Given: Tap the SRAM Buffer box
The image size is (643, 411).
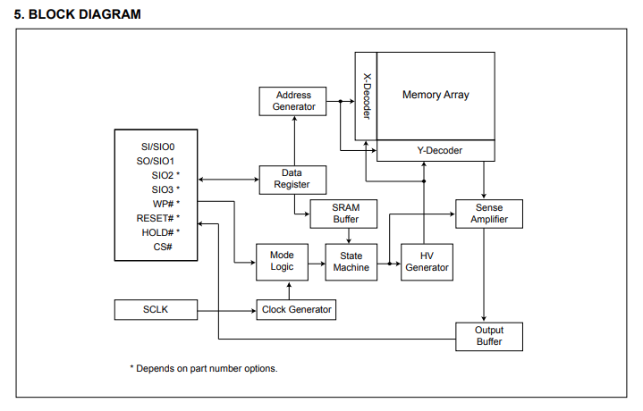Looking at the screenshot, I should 346,214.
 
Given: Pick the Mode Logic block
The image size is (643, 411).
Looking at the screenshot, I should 282,261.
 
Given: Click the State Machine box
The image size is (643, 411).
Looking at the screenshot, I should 351,261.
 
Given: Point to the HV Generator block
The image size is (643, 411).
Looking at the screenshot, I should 427,261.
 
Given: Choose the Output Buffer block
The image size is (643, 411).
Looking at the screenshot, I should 488,336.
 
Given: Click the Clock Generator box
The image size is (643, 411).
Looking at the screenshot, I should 296,310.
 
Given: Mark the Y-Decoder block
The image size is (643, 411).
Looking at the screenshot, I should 435,151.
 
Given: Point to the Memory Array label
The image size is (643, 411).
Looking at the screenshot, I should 436,95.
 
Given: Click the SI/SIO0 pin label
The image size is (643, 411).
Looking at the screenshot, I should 157,146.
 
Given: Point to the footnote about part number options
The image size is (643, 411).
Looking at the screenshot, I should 203,368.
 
